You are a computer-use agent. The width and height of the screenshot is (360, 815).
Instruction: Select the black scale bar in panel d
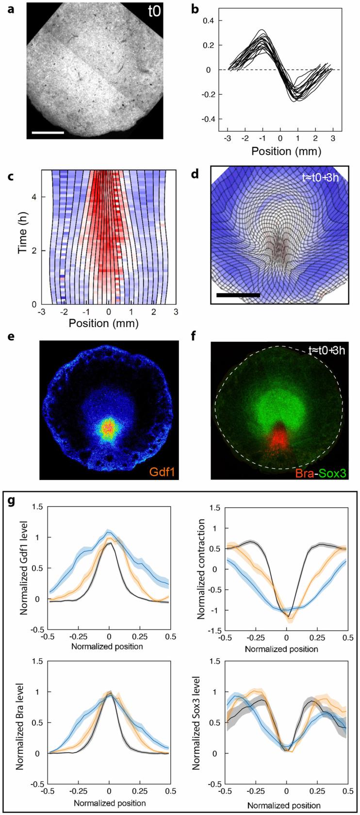[238, 294]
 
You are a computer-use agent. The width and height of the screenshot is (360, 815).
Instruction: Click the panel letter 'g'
[12, 501]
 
